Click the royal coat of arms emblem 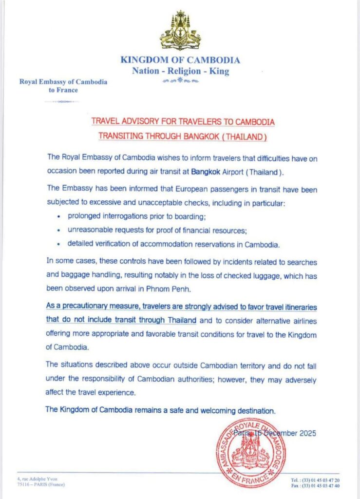tap(180, 30)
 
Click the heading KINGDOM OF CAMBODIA tap(180, 60)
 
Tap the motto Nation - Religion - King tap(180, 71)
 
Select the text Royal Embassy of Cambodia tap(63, 81)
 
